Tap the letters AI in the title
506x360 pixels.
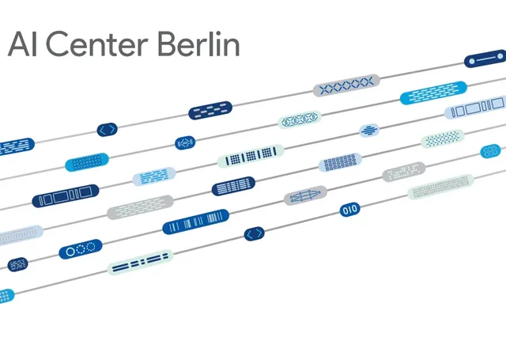[21, 44]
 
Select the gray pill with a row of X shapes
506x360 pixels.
[346, 85]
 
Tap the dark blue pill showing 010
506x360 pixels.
[349, 210]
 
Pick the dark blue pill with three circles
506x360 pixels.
[80, 250]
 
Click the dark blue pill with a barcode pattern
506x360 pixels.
[196, 222]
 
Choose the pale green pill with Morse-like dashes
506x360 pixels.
[140, 263]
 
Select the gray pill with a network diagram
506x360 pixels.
[306, 195]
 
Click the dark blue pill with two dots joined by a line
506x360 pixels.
[485, 59]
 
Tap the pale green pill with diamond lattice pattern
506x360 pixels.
[300, 120]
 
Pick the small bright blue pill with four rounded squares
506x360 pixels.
[491, 150]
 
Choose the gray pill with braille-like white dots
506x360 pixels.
[404, 172]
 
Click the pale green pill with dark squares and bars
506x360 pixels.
[250, 155]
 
